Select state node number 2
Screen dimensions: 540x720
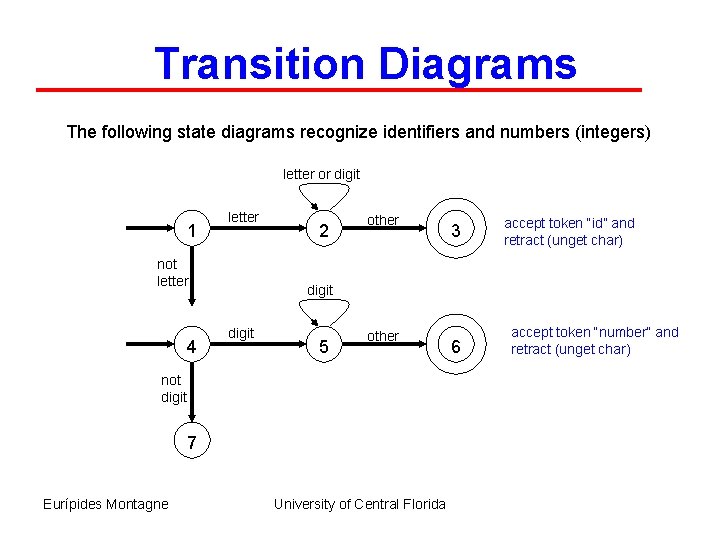[x=321, y=232]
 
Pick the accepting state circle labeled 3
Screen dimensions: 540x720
[x=455, y=232]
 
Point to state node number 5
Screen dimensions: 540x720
[x=321, y=348]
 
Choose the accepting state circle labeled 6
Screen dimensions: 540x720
[x=455, y=346]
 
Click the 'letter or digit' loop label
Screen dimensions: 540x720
[x=321, y=174]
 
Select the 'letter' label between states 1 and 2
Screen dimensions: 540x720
[x=244, y=217]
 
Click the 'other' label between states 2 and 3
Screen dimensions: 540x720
[x=382, y=220]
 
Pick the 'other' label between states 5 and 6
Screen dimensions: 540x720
[x=382, y=336]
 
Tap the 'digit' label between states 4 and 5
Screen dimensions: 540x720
[x=241, y=332]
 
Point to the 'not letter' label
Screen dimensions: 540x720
[x=172, y=273]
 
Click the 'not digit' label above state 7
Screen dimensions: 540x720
[x=172, y=389]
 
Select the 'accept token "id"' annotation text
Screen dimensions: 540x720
[x=568, y=231]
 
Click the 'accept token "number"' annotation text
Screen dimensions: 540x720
[x=594, y=340]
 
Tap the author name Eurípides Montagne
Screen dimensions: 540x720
[x=106, y=504]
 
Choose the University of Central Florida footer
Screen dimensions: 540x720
[x=360, y=504]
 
